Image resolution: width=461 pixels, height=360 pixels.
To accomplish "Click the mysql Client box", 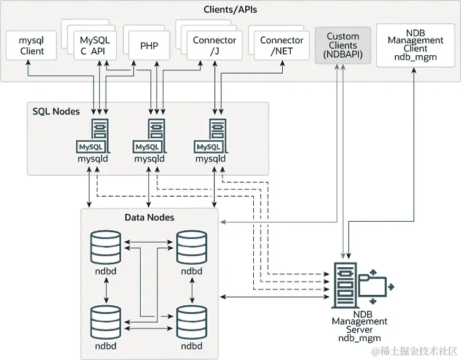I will [32, 46].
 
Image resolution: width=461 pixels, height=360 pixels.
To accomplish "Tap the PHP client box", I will [148, 46].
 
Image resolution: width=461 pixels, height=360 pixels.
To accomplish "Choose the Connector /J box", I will [214, 45].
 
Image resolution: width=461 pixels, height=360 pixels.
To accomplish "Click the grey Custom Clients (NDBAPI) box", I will [342, 45].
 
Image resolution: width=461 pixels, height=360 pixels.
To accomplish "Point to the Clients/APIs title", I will [230, 9].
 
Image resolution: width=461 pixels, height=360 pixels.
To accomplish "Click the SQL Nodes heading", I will [56, 111].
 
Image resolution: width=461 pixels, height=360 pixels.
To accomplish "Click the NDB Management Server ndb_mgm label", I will [360, 326].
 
